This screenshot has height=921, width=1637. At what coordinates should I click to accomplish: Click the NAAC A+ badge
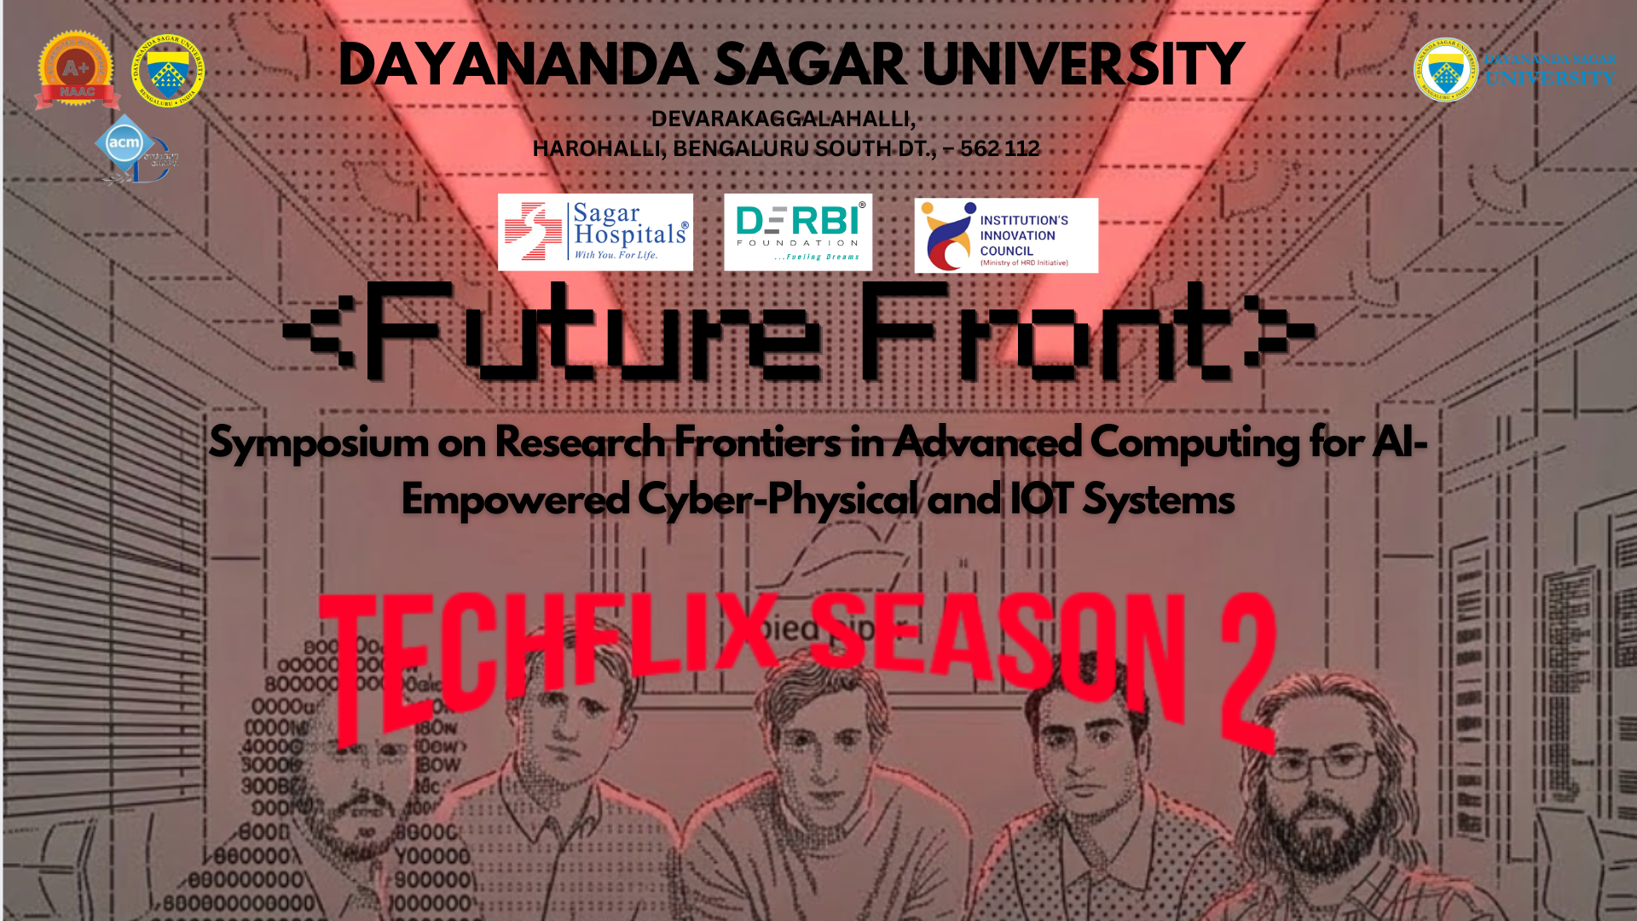(x=75, y=71)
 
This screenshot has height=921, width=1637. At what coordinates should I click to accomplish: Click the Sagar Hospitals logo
(x=595, y=232)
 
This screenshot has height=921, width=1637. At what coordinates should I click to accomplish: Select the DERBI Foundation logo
(x=798, y=232)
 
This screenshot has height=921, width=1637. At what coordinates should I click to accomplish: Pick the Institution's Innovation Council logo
(x=1006, y=235)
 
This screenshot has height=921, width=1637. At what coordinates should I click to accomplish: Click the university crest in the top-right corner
(x=1445, y=71)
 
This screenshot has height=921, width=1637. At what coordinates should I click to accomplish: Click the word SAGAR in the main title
(x=810, y=65)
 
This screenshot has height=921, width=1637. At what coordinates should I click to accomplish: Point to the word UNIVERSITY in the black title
(x=1083, y=65)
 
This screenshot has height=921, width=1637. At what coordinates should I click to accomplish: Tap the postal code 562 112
(x=999, y=148)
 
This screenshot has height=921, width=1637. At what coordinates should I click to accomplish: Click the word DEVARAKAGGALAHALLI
(x=783, y=119)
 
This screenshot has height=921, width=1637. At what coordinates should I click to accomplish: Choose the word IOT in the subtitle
(x=1041, y=500)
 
